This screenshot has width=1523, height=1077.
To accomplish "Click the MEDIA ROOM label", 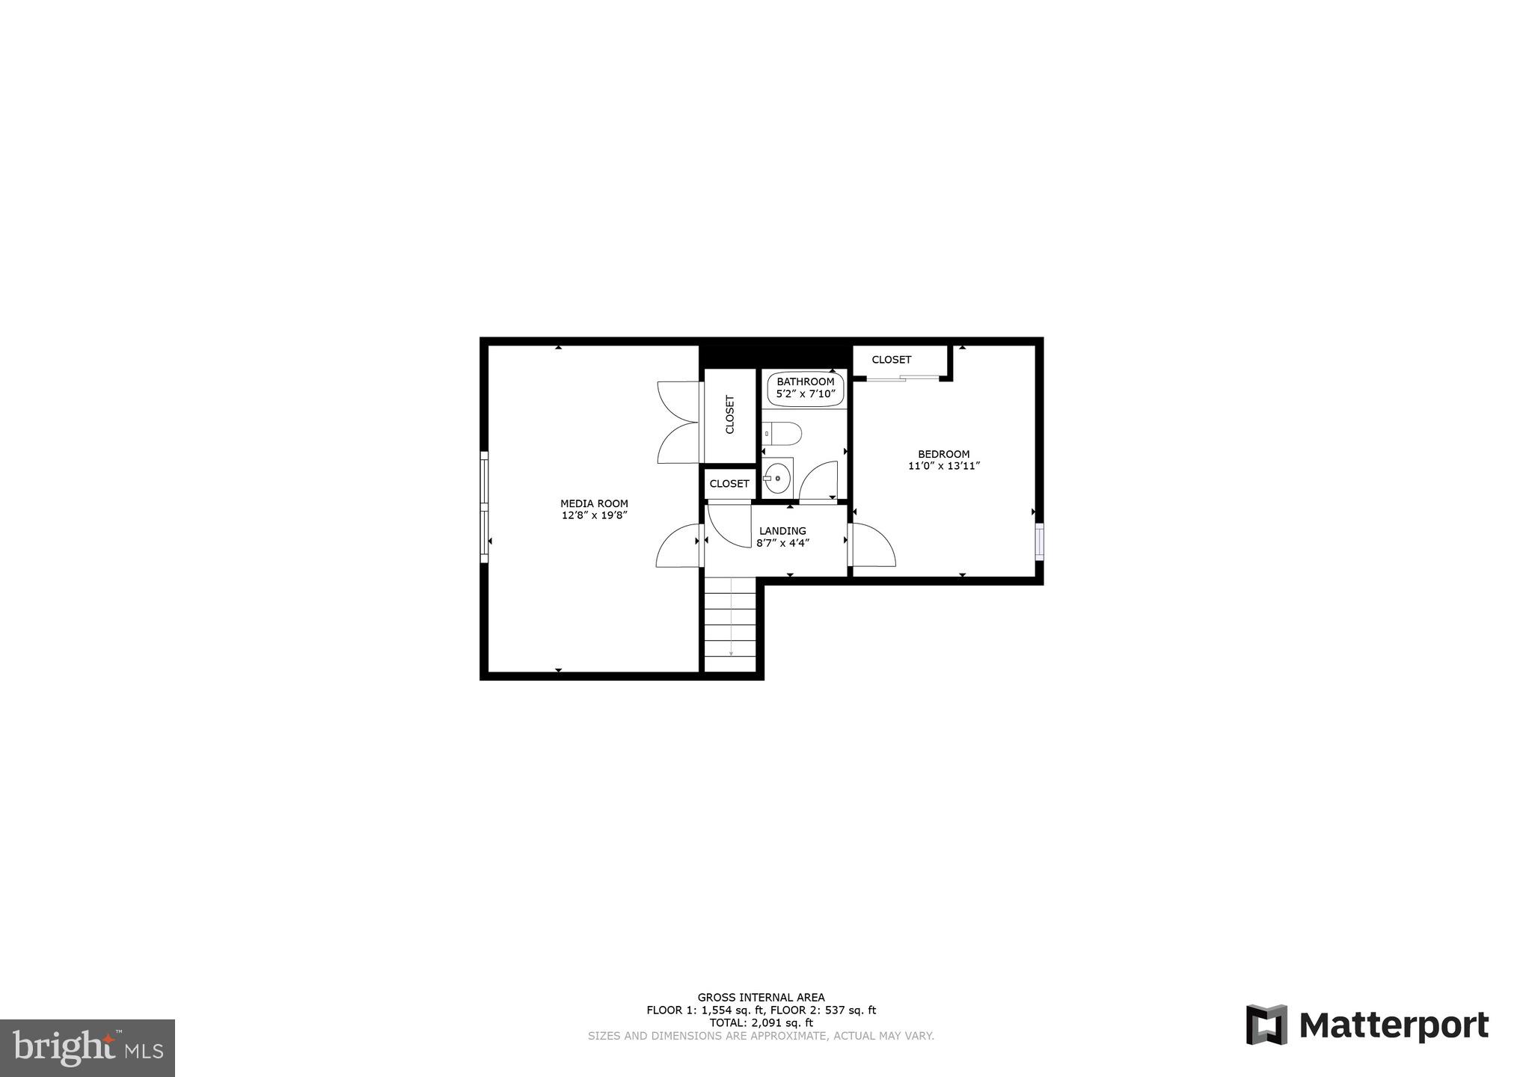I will [x=594, y=504].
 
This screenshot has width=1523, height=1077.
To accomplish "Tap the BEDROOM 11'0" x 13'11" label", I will [x=943, y=459].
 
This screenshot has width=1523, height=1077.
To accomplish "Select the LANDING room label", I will [x=782, y=531].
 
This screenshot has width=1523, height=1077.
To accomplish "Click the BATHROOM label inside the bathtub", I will [x=805, y=381].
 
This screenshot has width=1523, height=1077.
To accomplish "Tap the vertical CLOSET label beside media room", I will [x=730, y=414].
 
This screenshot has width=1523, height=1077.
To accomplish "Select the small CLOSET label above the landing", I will [x=729, y=484].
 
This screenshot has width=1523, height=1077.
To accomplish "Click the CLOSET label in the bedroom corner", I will [x=891, y=360].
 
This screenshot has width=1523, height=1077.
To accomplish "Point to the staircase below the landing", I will [x=730, y=625].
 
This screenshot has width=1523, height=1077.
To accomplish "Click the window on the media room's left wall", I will [x=484, y=506].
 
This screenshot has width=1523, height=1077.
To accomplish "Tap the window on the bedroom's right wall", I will [x=1039, y=541].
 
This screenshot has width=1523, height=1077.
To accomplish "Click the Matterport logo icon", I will [x=1266, y=1025].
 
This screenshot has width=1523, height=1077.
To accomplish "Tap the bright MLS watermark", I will [x=87, y=1047].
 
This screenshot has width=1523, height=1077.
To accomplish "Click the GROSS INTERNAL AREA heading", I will [x=761, y=997].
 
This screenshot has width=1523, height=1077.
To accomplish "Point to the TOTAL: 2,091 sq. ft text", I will [x=761, y=1023].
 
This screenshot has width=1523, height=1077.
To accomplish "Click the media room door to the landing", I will [x=678, y=546].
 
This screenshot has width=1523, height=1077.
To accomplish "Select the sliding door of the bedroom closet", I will [x=902, y=378].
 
